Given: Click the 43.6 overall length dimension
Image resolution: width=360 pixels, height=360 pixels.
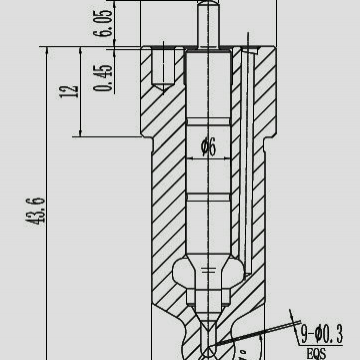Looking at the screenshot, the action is (35, 212).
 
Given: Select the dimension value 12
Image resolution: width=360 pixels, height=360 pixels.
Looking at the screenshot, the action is (69, 91).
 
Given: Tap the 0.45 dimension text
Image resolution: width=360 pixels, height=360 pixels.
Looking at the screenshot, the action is (103, 78).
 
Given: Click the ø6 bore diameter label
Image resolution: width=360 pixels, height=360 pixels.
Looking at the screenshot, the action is (209, 147).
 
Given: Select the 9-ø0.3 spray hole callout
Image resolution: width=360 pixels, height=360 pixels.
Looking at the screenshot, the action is (322, 334).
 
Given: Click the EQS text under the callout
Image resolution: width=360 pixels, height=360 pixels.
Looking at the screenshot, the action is (316, 353).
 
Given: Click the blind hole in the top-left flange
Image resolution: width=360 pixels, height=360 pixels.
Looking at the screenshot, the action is (163, 68).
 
